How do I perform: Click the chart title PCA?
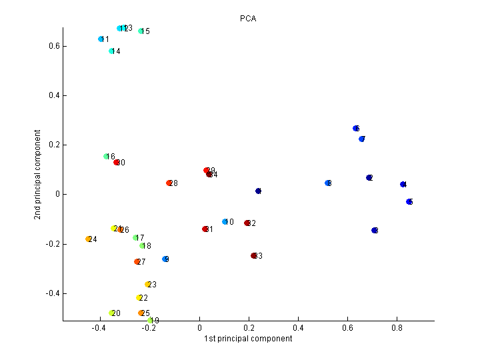[x=248, y=18]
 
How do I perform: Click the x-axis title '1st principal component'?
[x=248, y=339]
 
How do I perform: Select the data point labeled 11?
[x=101, y=39]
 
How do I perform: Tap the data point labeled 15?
[x=141, y=31]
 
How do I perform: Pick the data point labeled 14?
[x=112, y=51]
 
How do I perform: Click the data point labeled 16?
[x=107, y=157]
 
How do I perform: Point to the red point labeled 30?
[x=117, y=162]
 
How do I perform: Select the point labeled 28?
[x=169, y=183]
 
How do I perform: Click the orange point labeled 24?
[x=89, y=239]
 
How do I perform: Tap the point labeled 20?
[x=112, y=313]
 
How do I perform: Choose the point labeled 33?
[x=254, y=256]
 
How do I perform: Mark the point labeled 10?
[x=225, y=222]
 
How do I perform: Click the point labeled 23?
[x=148, y=285]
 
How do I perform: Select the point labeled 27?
[x=137, y=262]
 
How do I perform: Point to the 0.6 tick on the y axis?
[x=63, y=46]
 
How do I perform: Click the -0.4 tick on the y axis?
[x=63, y=293]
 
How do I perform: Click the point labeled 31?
[x=205, y=229]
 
